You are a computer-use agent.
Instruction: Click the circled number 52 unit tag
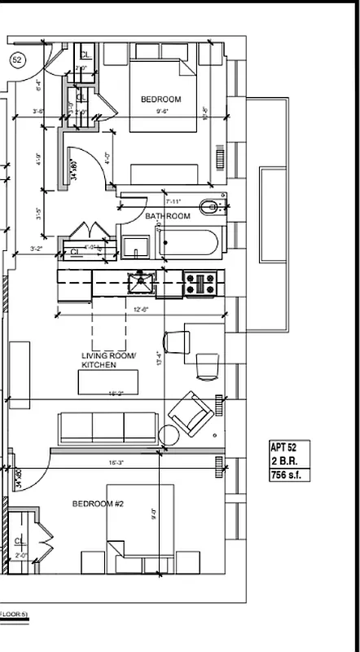click(16, 59)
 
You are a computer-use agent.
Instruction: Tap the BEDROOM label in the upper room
click(160, 99)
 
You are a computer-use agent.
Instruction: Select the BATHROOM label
click(168, 216)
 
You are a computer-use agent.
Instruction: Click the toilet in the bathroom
click(211, 207)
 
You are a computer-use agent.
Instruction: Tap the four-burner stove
click(200, 284)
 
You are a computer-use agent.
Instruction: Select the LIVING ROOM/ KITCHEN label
click(109, 360)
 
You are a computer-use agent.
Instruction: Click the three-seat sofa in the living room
click(108, 426)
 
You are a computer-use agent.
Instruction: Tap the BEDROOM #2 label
click(98, 504)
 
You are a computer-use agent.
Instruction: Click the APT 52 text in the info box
click(285, 447)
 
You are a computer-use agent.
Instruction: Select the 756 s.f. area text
click(286, 475)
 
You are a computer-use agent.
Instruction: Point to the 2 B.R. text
click(283, 461)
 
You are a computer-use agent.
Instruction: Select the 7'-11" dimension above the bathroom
click(173, 200)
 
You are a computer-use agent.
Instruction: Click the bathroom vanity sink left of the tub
click(135, 244)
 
